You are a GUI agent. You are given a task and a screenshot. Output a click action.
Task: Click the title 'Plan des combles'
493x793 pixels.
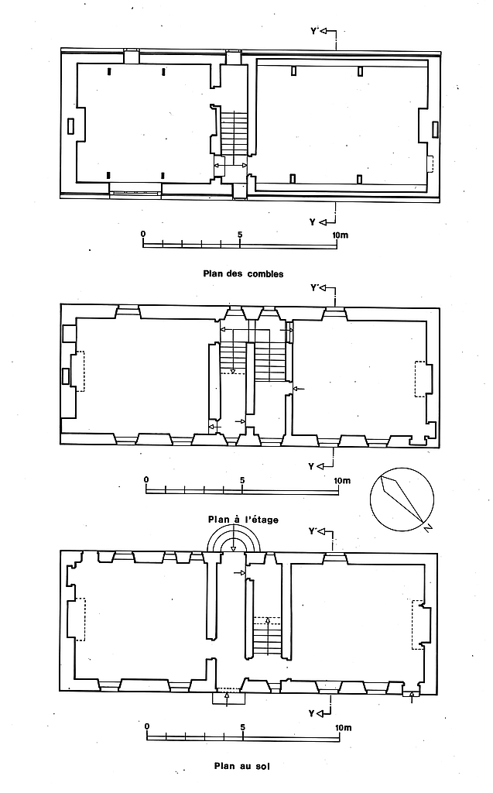click(243, 273)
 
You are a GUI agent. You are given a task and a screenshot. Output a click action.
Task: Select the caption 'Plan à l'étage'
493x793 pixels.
click(243, 520)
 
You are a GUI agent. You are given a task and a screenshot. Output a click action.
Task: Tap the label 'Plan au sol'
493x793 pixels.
click(242, 766)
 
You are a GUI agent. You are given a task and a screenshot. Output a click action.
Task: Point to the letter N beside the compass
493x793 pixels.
click(428, 528)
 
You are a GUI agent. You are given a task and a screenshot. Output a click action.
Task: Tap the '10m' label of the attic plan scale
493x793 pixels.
click(341, 235)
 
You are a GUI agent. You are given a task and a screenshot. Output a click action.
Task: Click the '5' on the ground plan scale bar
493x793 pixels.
click(243, 726)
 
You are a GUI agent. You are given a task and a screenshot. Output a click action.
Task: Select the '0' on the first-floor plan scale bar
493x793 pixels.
click(146, 479)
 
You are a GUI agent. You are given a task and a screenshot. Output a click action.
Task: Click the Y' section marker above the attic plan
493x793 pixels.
click(323, 32)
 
